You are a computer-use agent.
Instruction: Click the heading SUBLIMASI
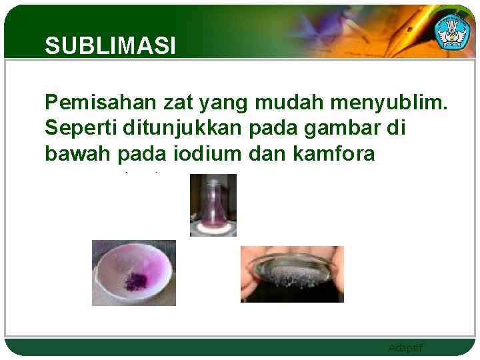pos(110,46)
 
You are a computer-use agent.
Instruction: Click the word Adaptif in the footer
pos(405,348)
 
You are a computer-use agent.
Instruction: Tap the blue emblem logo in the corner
pos(453,30)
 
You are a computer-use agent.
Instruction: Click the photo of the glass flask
pos(213,205)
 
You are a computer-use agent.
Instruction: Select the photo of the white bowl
pos(133,273)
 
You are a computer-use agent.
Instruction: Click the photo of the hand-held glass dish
pos(292,274)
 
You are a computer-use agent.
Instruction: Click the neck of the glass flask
pos(213,185)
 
